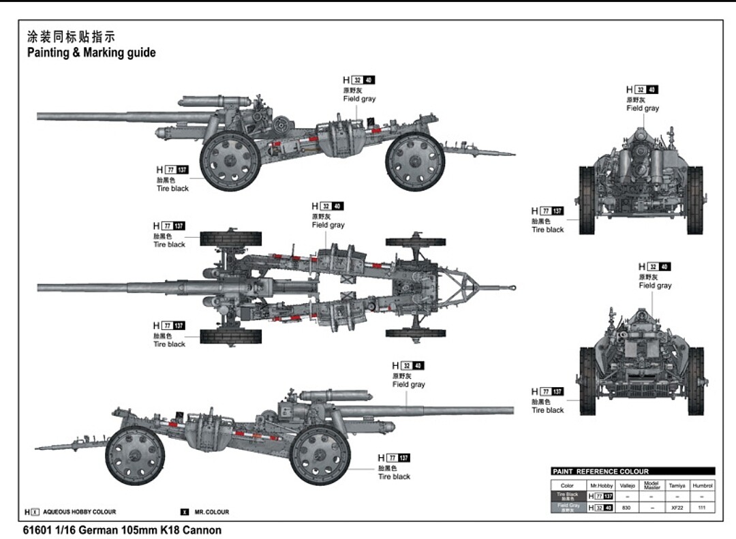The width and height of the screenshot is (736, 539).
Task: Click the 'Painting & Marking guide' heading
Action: [91, 53]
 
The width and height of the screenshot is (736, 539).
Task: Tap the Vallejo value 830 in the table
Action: [626, 508]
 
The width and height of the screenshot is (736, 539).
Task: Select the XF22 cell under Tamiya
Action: [677, 508]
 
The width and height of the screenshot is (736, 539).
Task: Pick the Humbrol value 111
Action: [702, 508]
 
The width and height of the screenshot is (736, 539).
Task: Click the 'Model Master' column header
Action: [651, 485]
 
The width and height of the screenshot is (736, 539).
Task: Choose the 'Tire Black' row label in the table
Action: [568, 496]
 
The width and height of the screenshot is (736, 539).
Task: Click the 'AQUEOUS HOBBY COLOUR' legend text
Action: [79, 512]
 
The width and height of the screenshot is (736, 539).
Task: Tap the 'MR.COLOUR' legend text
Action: [211, 512]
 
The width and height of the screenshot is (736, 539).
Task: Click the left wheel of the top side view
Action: [230, 161]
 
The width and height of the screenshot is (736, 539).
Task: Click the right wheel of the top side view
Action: [414, 161]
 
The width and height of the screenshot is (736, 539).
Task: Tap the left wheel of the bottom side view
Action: [135, 455]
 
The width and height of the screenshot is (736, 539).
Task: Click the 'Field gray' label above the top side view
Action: [359, 99]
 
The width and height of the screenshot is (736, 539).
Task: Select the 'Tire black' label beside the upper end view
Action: [548, 230]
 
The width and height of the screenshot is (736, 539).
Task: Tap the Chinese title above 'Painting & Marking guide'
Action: [71, 37]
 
